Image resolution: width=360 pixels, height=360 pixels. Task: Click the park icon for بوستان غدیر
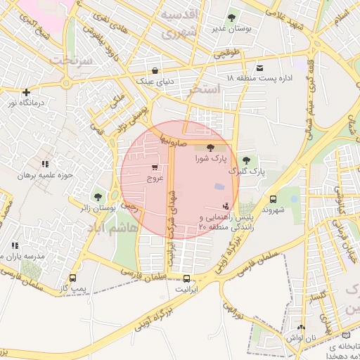pyautogui.click(x=232, y=17)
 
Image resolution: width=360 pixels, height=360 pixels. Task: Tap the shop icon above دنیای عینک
pyautogui.click(x=155, y=70)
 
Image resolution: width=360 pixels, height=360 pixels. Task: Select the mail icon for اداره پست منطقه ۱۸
pyautogui.click(x=261, y=68)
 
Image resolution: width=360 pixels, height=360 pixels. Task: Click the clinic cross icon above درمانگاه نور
pyautogui.click(x=26, y=92)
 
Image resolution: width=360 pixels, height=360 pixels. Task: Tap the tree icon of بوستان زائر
pyautogui.click(x=97, y=198)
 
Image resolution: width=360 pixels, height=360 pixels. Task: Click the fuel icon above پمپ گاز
pyautogui.click(x=73, y=278)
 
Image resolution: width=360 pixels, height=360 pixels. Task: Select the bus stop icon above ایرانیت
pyautogui.click(x=186, y=278)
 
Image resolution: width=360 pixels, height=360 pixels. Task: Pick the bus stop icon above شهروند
pyautogui.click(x=273, y=199)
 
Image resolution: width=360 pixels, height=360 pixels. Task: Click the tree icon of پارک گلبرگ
pyautogui.click(x=246, y=161)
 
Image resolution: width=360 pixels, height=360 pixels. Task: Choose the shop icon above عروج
pyautogui.click(x=154, y=168)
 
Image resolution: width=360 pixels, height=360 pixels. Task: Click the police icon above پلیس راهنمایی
pyautogui.click(x=225, y=207)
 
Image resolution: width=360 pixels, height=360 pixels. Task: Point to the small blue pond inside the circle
pyautogui.click(x=220, y=186)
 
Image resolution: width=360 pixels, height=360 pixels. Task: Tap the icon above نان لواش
pyautogui.click(x=302, y=327)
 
